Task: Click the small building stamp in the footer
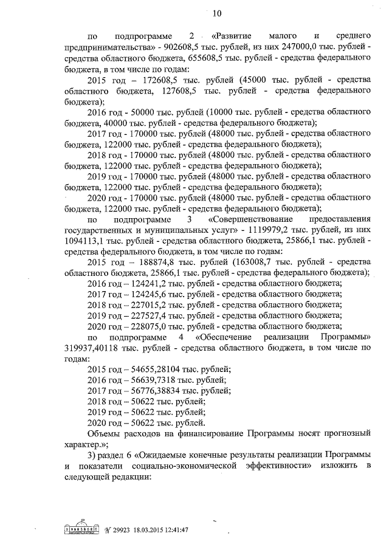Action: pyautogui.click(x=84, y=530)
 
